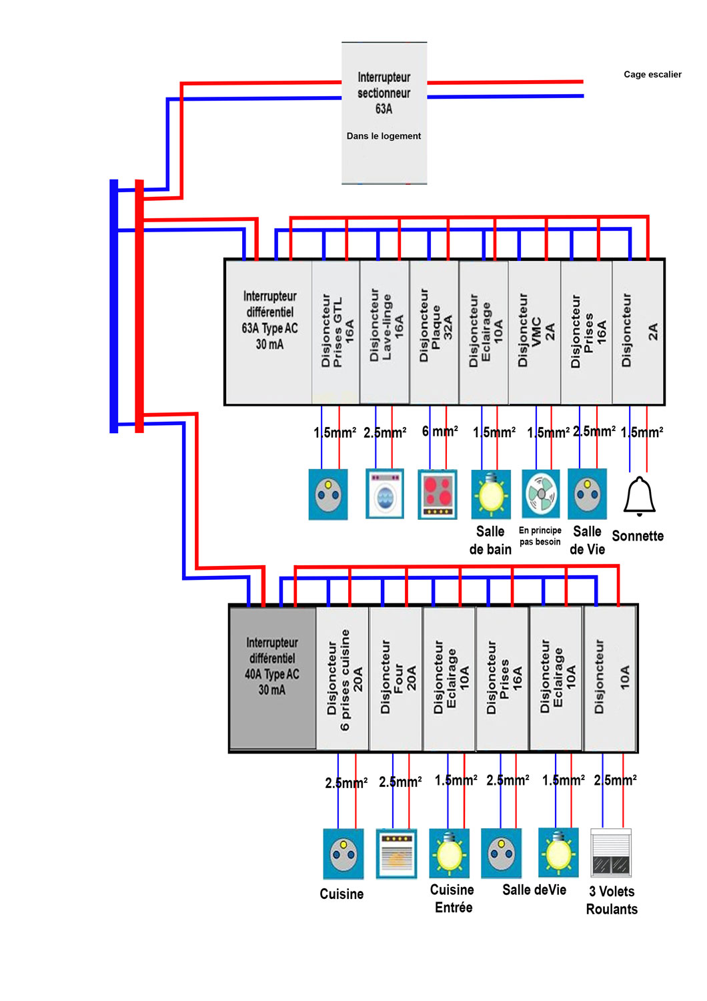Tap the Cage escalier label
pyautogui.click(x=652, y=75)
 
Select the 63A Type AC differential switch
pyautogui.click(x=269, y=332)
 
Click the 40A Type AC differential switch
pyautogui.click(x=272, y=678)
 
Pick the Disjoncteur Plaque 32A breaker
pyautogui.click(x=435, y=332)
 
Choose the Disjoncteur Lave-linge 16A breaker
pyautogui.click(x=385, y=332)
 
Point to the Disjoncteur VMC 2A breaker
pyautogui.click(x=535, y=332)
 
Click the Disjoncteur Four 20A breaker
pyautogui.click(x=396, y=678)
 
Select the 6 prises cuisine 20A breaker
pyautogui.click(x=343, y=678)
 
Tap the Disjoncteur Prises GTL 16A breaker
pyautogui.click(x=335, y=332)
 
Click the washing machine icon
pyautogui.click(x=385, y=494)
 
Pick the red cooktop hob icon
pyautogui.click(x=438, y=494)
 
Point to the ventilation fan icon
pyautogui.click(x=541, y=494)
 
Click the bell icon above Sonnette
pyautogui.click(x=639, y=496)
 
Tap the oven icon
pyautogui.click(x=396, y=854)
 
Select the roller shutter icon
pyautogui.click(x=611, y=853)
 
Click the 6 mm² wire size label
pyautogui.click(x=440, y=432)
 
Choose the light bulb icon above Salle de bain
pyautogui.click(x=491, y=494)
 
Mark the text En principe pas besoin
pyautogui.click(x=540, y=536)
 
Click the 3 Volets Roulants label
pyautogui.click(x=612, y=900)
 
